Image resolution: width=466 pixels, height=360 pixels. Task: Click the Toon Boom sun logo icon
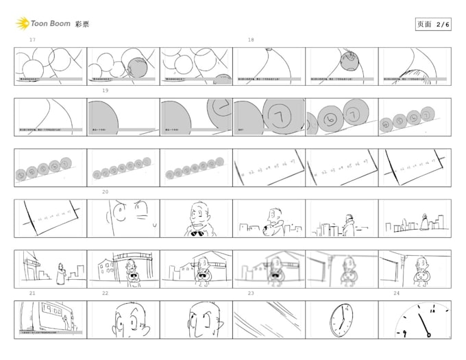coord(22,24)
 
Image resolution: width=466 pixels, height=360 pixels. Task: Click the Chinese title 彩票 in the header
coord(82,24)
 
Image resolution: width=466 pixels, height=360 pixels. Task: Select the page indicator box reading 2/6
coord(434,24)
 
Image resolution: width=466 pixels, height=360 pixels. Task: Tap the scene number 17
coord(32,40)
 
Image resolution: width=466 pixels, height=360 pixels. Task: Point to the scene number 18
coord(251,40)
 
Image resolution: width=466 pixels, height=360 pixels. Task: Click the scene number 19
coord(106,91)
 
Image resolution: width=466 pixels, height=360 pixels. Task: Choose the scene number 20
coord(106,192)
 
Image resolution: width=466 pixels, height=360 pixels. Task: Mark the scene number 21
coord(32,293)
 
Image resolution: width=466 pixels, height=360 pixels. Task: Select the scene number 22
coord(106,293)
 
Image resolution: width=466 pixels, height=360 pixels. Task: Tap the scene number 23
coord(251,293)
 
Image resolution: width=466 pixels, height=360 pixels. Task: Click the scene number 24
coord(396,293)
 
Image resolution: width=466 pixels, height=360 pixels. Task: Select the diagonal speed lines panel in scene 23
coord(269,320)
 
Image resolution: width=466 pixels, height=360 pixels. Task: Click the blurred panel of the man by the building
coord(269,269)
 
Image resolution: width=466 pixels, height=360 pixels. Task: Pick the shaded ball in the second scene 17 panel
coord(138,69)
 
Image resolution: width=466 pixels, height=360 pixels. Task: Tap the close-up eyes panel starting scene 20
coord(123,218)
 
